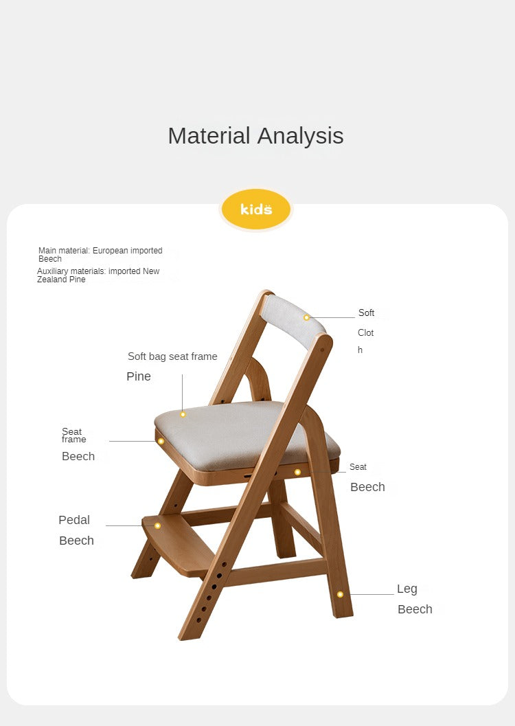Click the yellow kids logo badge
tap(256, 209)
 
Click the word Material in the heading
tap(209, 136)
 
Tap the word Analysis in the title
tap(300, 136)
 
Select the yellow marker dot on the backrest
tap(306, 317)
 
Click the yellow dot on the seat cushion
tap(183, 414)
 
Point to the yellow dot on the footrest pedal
tap(157, 525)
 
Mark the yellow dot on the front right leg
tap(340, 595)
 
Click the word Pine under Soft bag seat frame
tap(139, 376)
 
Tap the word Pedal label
tap(74, 520)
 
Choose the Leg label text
tap(407, 589)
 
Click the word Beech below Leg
tap(415, 609)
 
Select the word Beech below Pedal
tap(76, 541)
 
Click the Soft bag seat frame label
tap(172, 356)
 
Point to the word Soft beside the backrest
tap(367, 313)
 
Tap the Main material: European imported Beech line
tap(100, 255)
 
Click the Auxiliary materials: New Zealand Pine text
tap(98, 275)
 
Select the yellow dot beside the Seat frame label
tap(161, 441)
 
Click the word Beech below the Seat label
tap(368, 487)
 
